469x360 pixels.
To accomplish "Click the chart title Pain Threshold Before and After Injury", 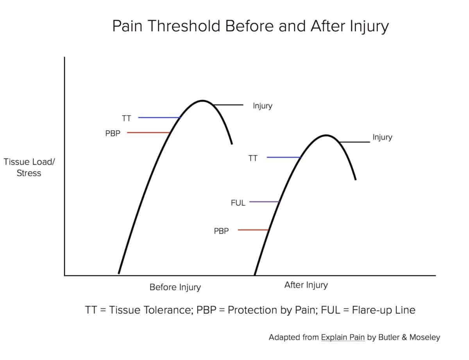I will (251, 27).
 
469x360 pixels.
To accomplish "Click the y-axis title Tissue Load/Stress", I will (29, 167).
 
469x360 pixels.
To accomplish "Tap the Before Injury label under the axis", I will (175, 287).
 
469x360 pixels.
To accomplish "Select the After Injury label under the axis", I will (306, 285).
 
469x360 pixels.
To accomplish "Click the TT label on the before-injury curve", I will (126, 118).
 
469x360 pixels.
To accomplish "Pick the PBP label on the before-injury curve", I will (113, 133).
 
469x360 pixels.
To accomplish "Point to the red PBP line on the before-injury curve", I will (148, 133).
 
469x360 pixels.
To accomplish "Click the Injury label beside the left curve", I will (262, 106).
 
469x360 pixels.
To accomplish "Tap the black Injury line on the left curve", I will (229, 105).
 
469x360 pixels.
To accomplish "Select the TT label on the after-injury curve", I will (253, 158).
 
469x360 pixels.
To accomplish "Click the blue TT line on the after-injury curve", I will (283, 157).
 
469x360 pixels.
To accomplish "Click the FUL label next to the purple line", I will (238, 203).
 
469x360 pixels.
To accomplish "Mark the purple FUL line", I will (264, 202).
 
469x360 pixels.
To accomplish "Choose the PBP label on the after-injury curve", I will (221, 231).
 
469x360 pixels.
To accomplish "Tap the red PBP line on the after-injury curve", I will (253, 230).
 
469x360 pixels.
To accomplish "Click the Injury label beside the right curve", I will (382, 137).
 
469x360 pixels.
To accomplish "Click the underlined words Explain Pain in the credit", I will (343, 337).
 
